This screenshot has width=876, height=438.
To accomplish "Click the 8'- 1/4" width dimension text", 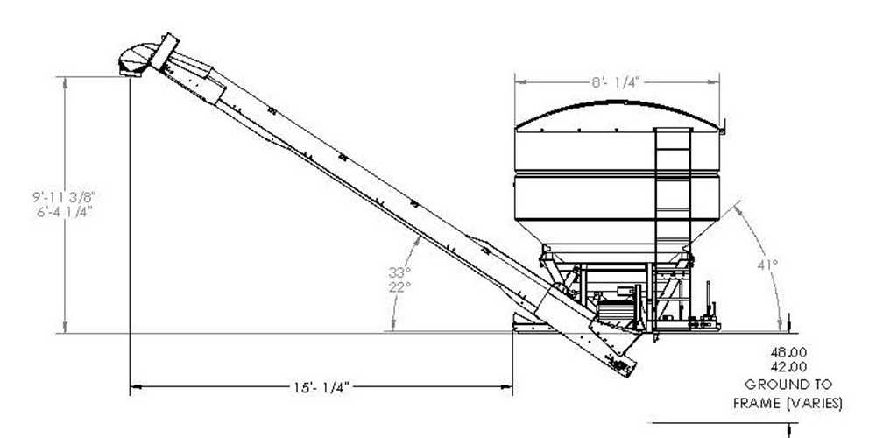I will click(x=617, y=81).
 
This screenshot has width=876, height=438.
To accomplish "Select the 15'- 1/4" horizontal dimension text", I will click(x=321, y=385).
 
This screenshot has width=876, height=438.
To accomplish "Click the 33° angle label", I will click(x=400, y=272).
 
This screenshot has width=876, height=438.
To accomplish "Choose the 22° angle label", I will click(x=400, y=286).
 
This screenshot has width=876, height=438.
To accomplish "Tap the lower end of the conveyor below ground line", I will click(x=619, y=359).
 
